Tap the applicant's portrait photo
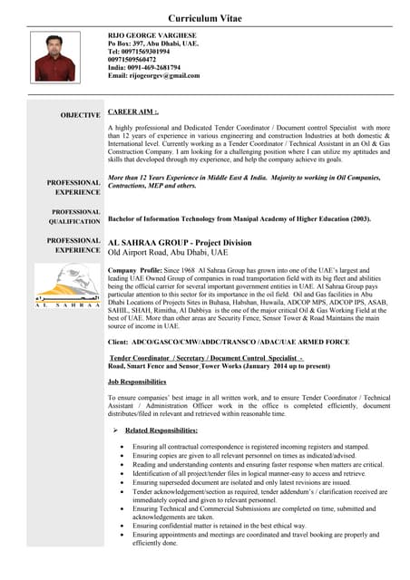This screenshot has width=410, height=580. tap(54, 58)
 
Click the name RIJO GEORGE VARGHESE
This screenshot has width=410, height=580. tap(151, 34)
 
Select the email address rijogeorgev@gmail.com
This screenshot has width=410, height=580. tap(154, 75)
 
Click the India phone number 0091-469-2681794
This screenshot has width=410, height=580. tap(144, 67)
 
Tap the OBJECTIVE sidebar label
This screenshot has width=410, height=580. tap(81, 115)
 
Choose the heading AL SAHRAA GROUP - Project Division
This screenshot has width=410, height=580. tap(180, 243)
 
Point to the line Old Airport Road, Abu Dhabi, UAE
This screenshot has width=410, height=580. tap(168, 253)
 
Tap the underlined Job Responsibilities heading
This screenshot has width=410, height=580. tap(136, 382)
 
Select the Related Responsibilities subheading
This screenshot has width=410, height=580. tap(161, 430)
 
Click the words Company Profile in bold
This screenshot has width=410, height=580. tap(135, 271)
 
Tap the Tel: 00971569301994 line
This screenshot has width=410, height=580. tap(139, 51)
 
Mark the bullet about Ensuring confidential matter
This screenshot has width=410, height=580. tap(232, 525)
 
